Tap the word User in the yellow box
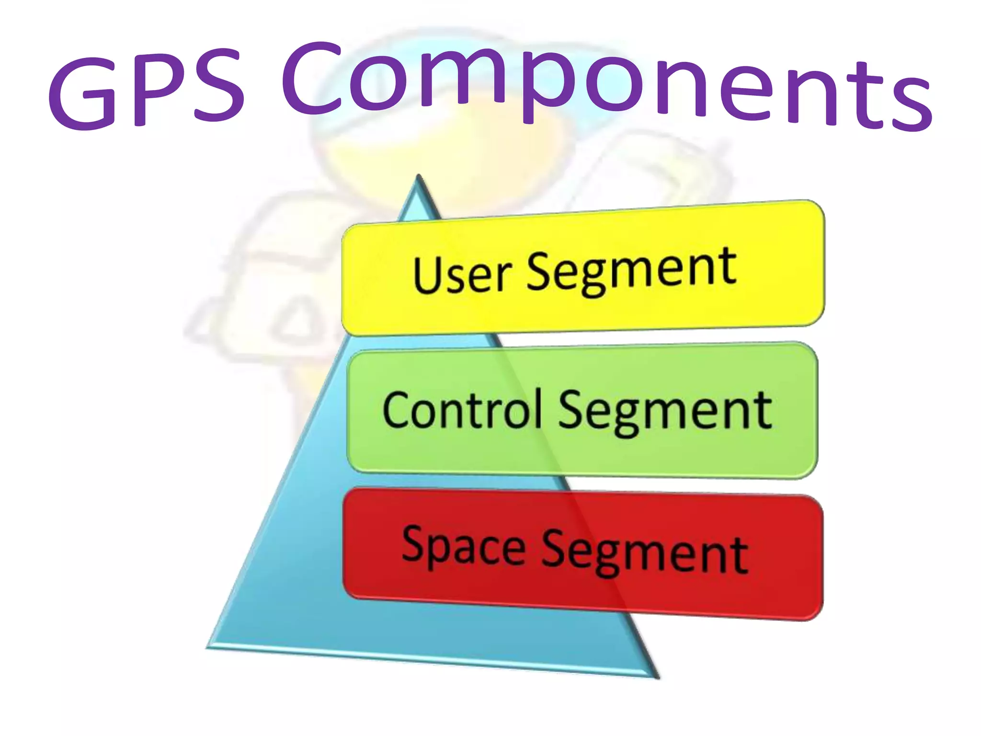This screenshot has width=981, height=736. [x=462, y=274]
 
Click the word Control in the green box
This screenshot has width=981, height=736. [x=462, y=410]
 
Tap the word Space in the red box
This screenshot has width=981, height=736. [x=463, y=546]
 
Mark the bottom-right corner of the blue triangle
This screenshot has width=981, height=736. [x=657, y=677]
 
